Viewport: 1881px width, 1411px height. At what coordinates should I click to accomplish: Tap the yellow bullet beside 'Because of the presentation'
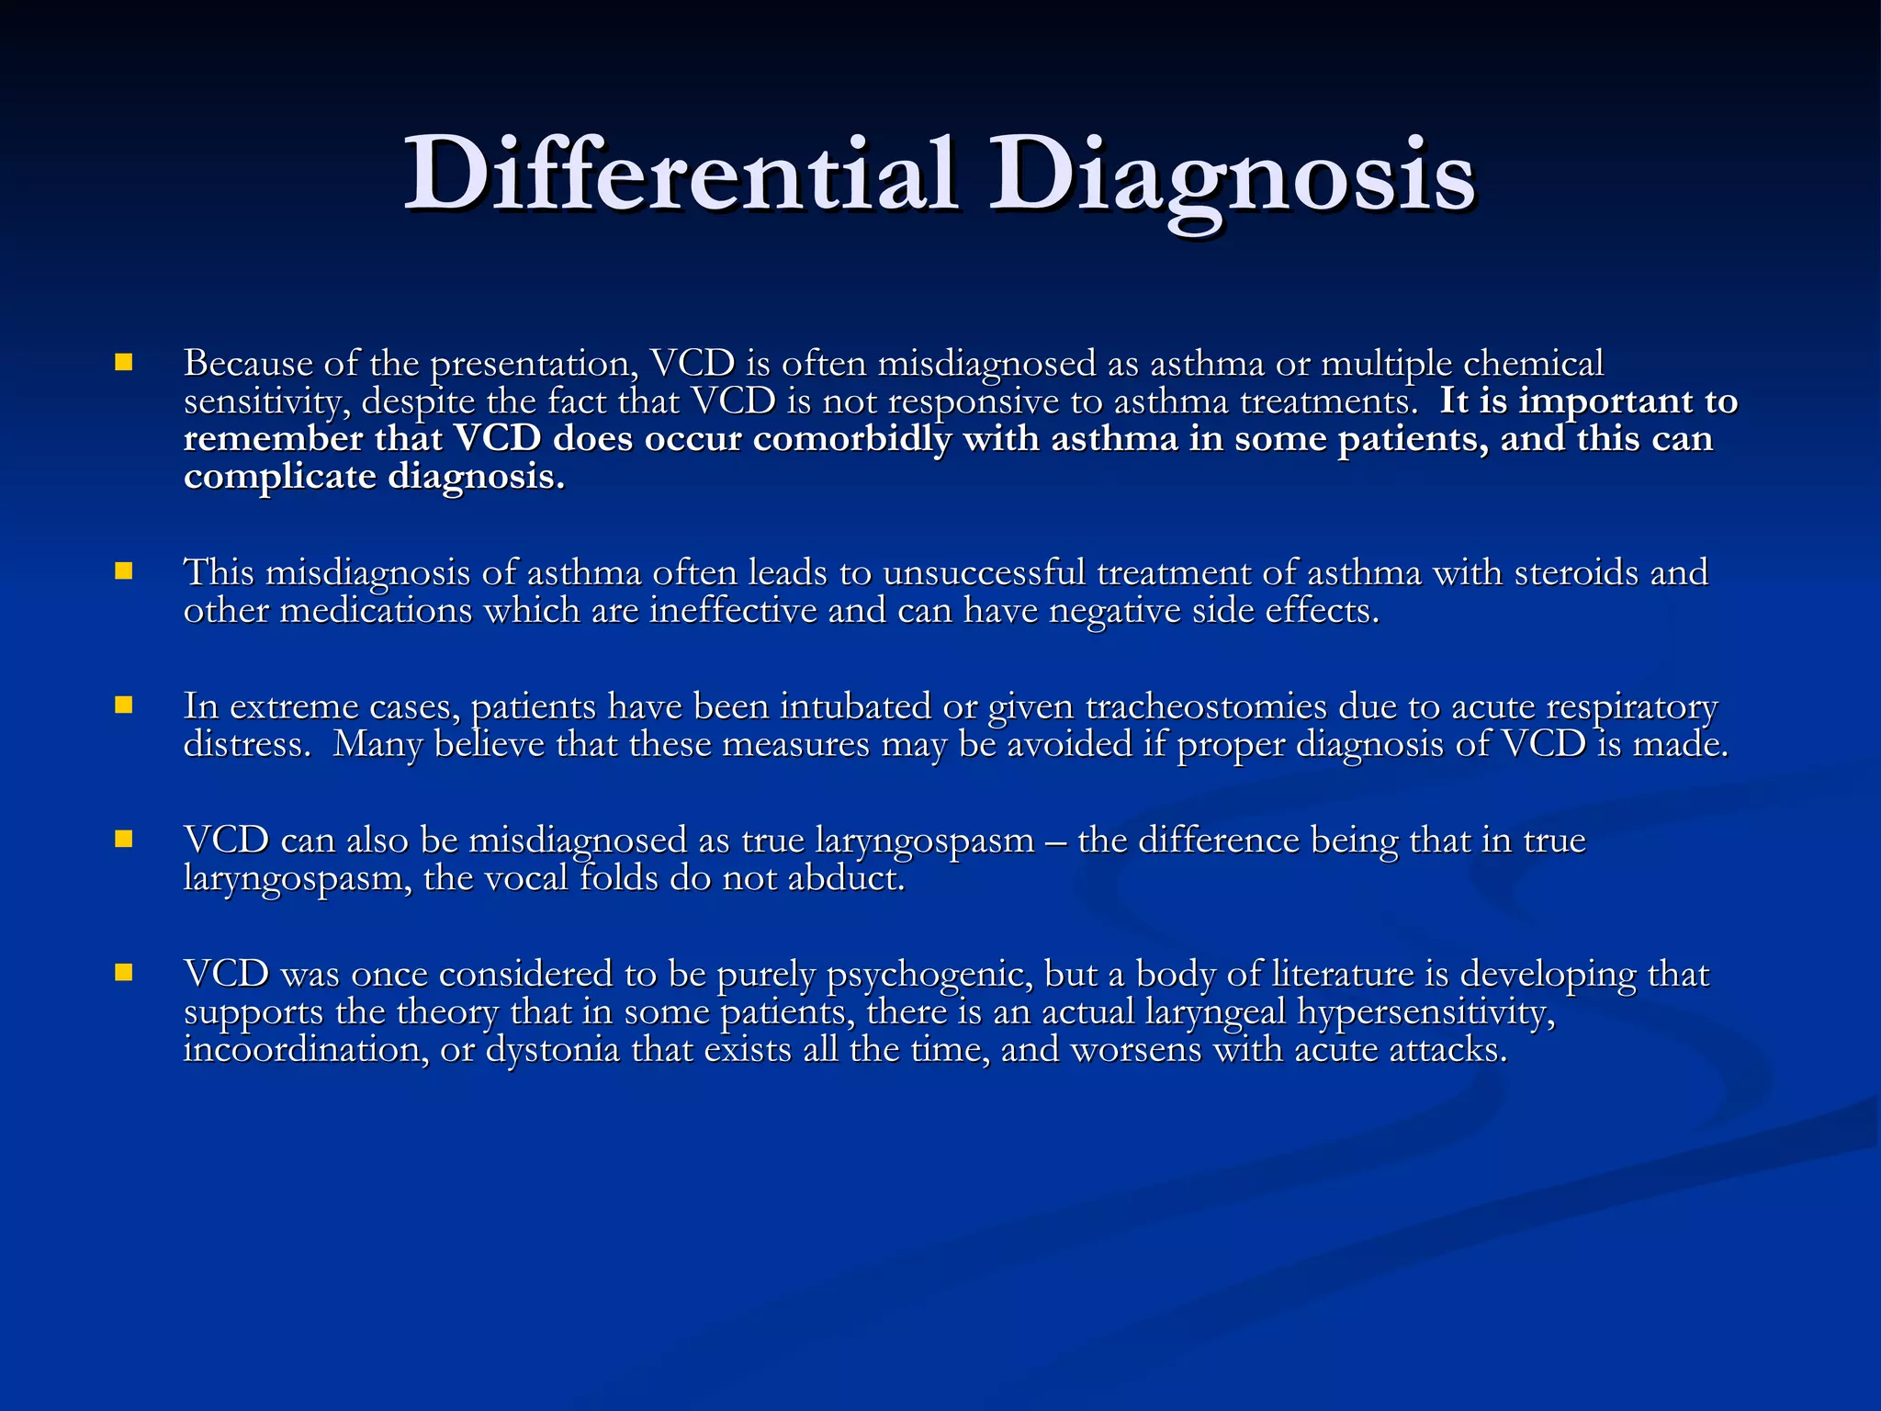click(x=124, y=362)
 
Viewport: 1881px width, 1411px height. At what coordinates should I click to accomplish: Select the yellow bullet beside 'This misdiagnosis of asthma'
click(x=124, y=571)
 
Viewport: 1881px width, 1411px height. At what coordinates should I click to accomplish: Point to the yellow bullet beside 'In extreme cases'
click(x=124, y=705)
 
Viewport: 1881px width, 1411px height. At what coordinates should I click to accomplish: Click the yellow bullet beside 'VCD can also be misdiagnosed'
click(x=124, y=839)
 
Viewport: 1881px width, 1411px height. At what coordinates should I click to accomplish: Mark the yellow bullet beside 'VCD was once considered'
click(x=124, y=972)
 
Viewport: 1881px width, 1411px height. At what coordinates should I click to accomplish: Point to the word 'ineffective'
click(x=733, y=611)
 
